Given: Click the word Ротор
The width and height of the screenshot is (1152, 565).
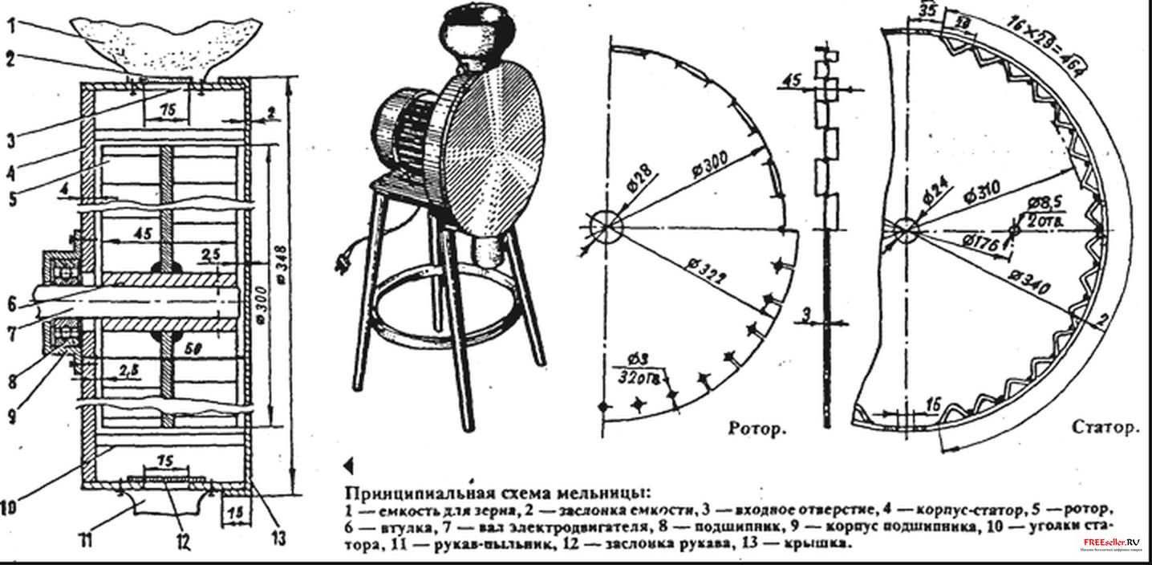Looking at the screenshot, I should click(x=755, y=428).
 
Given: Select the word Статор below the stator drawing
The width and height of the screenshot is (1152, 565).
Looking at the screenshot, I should click(x=1105, y=429).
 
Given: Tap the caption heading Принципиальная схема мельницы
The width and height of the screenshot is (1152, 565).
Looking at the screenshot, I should click(x=497, y=491).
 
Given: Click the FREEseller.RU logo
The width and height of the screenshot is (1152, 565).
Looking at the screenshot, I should click(x=1106, y=544).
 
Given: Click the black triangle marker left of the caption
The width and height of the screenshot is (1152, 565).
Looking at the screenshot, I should click(x=348, y=465).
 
